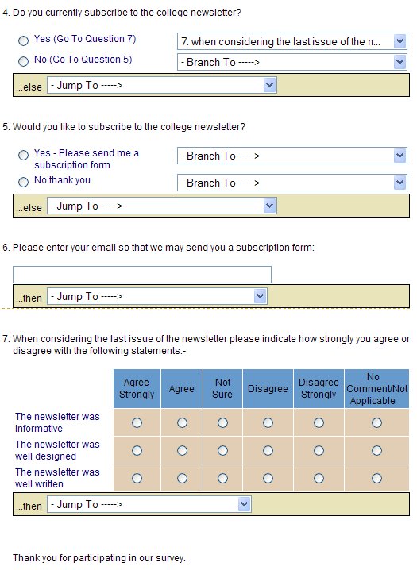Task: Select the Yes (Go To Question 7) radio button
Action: tap(23, 40)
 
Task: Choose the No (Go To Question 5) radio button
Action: tap(23, 61)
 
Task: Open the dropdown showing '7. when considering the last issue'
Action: tap(292, 41)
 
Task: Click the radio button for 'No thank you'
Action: tap(23, 182)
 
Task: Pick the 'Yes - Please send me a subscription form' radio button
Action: tap(23, 156)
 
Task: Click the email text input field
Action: tap(142, 275)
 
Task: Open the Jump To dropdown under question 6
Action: tap(157, 296)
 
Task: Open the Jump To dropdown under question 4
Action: tap(162, 85)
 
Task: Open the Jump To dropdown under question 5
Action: tap(162, 206)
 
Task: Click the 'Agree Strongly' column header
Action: tap(137, 389)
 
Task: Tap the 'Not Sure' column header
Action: tap(222, 389)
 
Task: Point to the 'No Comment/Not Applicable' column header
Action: tap(376, 389)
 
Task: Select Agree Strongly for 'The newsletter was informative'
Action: tap(137, 423)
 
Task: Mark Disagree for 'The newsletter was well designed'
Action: tap(268, 451)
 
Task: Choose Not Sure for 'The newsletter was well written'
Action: tap(222, 478)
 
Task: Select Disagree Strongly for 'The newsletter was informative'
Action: tap(319, 423)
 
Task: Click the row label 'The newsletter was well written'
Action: tap(57, 478)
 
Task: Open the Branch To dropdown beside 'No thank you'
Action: tap(292, 183)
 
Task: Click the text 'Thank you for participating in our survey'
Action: tap(99, 558)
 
